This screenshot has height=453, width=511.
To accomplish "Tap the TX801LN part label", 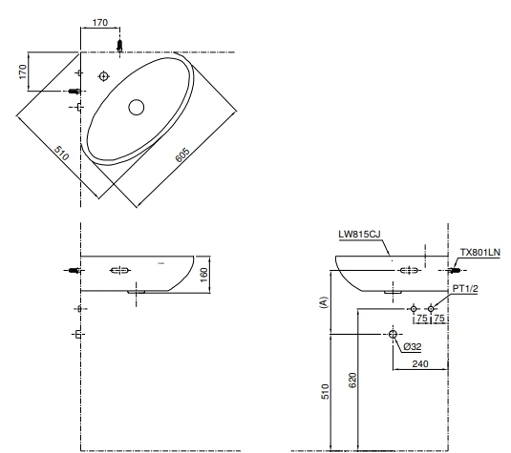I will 480,252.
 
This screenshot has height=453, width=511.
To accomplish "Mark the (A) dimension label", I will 324,304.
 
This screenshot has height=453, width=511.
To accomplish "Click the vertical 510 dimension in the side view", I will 325,390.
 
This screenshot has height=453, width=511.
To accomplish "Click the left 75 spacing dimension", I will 421,319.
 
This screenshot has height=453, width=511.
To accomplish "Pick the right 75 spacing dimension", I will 439,319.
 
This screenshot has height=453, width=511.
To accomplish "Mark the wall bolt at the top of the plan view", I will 119,45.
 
